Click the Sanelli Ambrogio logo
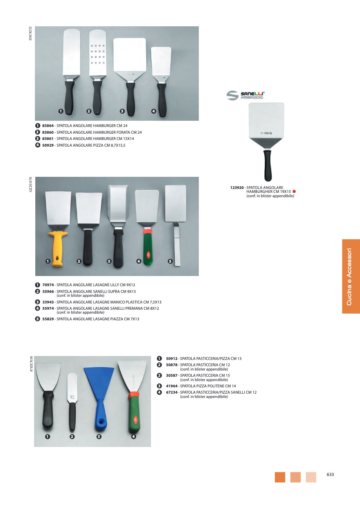(x=245, y=95)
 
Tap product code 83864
(x=48, y=126)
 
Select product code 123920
(x=237, y=187)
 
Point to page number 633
(x=330, y=474)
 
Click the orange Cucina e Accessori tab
(x=351, y=276)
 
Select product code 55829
(x=48, y=319)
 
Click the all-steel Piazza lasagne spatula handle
(x=177, y=244)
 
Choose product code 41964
(x=172, y=386)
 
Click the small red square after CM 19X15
(x=294, y=192)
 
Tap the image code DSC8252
(x=31, y=33)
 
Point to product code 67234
(x=172, y=392)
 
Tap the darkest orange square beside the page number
(x=280, y=477)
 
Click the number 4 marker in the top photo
(x=153, y=111)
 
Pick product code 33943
(x=48, y=302)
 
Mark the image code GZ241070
(x=31, y=184)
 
